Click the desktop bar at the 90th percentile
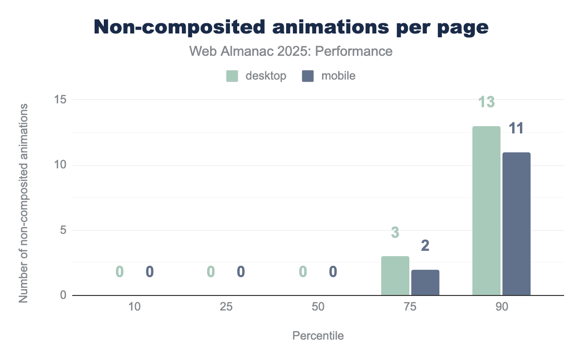click(x=486, y=211)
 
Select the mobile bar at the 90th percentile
click(x=516, y=224)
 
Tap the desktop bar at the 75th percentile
click(x=395, y=276)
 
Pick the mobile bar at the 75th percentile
click(x=425, y=282)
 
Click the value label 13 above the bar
click(x=486, y=102)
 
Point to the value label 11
click(x=516, y=129)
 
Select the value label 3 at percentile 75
click(x=395, y=233)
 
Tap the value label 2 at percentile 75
click(x=425, y=246)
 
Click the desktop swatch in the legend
click(x=232, y=76)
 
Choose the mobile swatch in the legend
click(x=308, y=76)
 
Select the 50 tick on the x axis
click(x=318, y=307)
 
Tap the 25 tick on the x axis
click(x=226, y=307)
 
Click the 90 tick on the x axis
click(x=501, y=307)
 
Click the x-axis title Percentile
click(x=318, y=336)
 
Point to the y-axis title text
click(x=23, y=203)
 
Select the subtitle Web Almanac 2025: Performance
click(x=291, y=51)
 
